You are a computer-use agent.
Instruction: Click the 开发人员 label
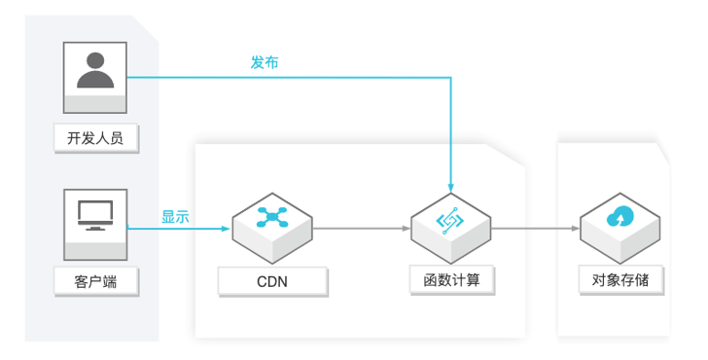(x=95, y=138)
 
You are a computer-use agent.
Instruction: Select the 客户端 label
(x=95, y=282)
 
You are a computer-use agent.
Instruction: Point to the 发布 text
(x=265, y=62)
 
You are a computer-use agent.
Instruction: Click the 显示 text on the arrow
(x=176, y=216)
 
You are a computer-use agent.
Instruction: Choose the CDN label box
(x=272, y=282)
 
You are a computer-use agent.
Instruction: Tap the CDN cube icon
(x=272, y=223)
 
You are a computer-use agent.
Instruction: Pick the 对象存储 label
(x=620, y=279)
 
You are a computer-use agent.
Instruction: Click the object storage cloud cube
(x=620, y=223)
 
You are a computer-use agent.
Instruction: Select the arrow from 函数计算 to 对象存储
(x=536, y=230)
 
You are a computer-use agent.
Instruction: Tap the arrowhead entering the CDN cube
(x=227, y=230)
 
